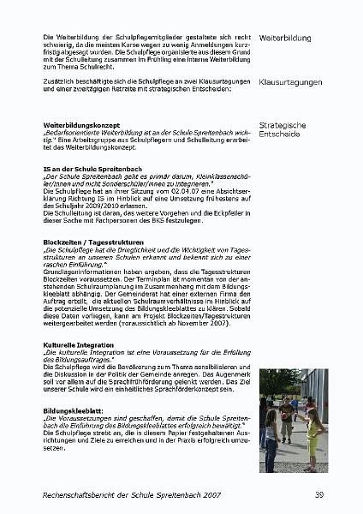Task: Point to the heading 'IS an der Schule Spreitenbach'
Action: (x=92, y=169)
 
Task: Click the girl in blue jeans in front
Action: (x=273, y=437)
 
